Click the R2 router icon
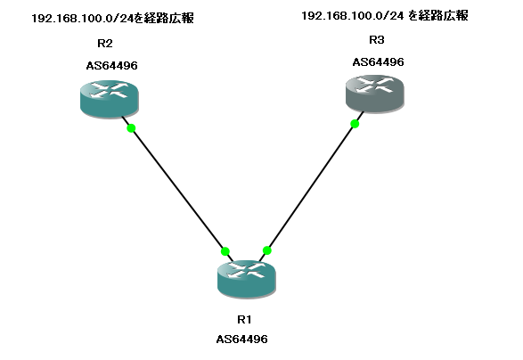pos(110,99)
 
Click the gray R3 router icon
pos(375,94)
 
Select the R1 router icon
pos(247,279)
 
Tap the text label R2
pos(105,44)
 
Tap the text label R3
pos(377,40)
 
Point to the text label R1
pos(244,320)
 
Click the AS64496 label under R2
pos(111,66)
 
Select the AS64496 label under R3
pos(379,62)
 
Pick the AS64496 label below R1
pos(241,340)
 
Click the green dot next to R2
pos(131,128)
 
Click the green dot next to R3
pos(355,124)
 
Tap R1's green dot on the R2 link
pos(225,251)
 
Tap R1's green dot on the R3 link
pos(266,250)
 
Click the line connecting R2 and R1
pos(177,189)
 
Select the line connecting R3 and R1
pos(311,186)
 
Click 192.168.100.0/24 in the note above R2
pos(82,19)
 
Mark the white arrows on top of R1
pos(246,270)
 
